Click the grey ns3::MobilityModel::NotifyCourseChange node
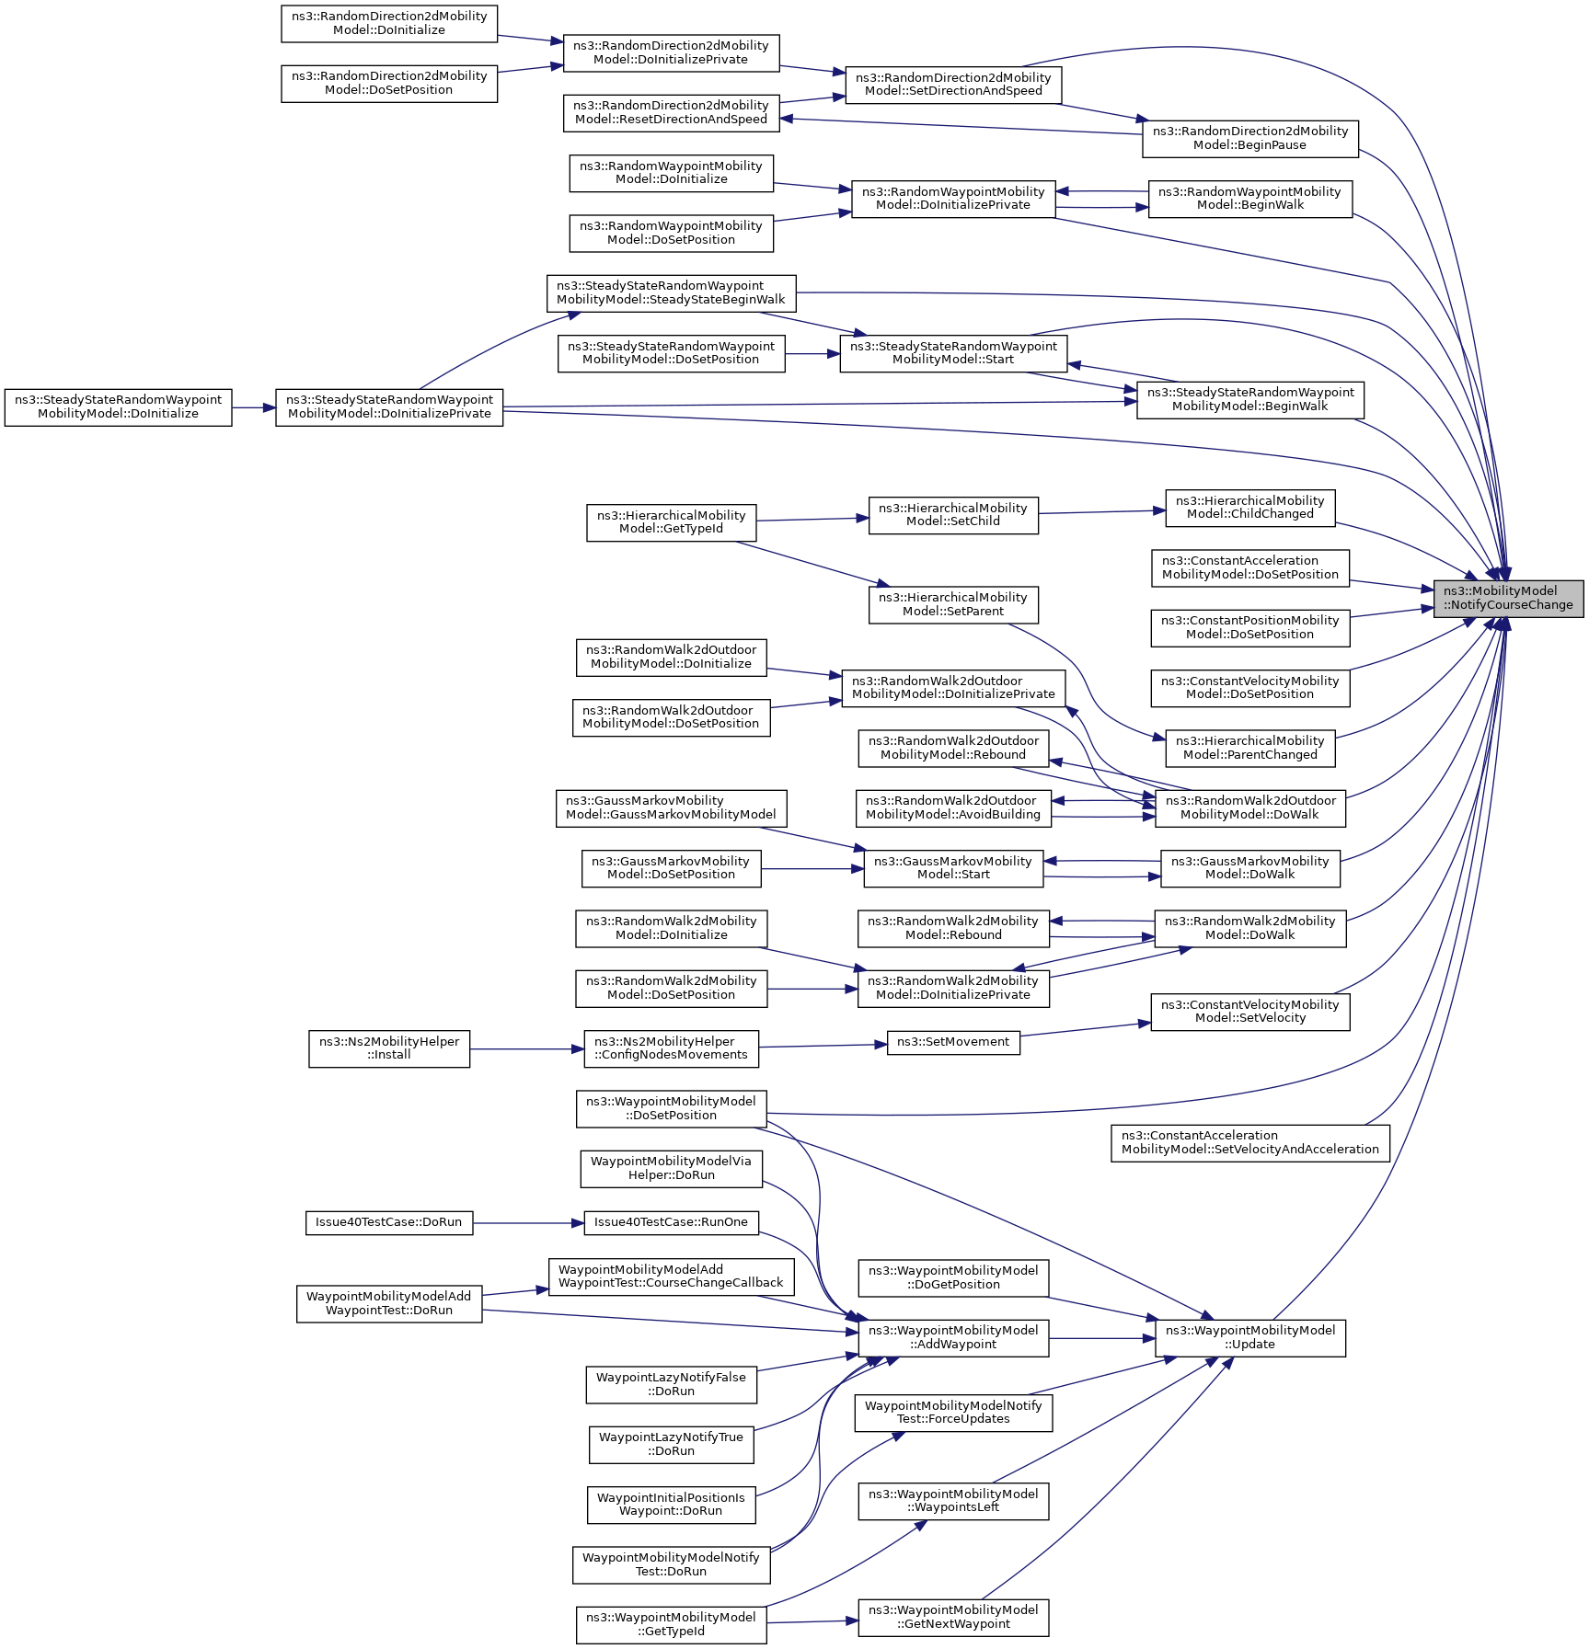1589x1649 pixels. [x=1507, y=598]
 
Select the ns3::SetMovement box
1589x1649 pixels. [x=953, y=1042]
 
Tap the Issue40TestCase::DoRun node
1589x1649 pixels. [x=388, y=1222]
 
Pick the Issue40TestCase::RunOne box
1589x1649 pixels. [x=671, y=1222]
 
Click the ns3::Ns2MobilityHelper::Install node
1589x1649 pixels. [x=388, y=1048]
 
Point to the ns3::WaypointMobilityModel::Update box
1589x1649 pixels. [x=1249, y=1337]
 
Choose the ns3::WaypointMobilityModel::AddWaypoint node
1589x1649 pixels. [x=953, y=1337]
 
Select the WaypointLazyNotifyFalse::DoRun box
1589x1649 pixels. [x=671, y=1384]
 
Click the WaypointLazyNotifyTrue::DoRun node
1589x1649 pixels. [x=671, y=1444]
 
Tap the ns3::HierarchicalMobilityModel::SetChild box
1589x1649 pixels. [x=953, y=515]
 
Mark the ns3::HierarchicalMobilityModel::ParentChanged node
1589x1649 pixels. [x=1249, y=748]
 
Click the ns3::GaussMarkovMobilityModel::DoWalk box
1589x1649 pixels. [x=1249, y=868]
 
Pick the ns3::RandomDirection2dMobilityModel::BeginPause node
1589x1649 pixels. [x=1249, y=138]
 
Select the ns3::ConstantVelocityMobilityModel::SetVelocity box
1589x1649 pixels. [x=1249, y=1012]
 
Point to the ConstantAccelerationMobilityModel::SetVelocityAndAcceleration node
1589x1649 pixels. [x=1249, y=1142]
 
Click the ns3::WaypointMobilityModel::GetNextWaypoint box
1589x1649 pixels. [x=953, y=1617]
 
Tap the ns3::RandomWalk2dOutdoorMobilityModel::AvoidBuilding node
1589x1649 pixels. [x=953, y=807]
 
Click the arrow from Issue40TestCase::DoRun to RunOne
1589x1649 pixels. [x=528, y=1223]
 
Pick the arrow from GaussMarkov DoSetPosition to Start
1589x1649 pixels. [x=812, y=868]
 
